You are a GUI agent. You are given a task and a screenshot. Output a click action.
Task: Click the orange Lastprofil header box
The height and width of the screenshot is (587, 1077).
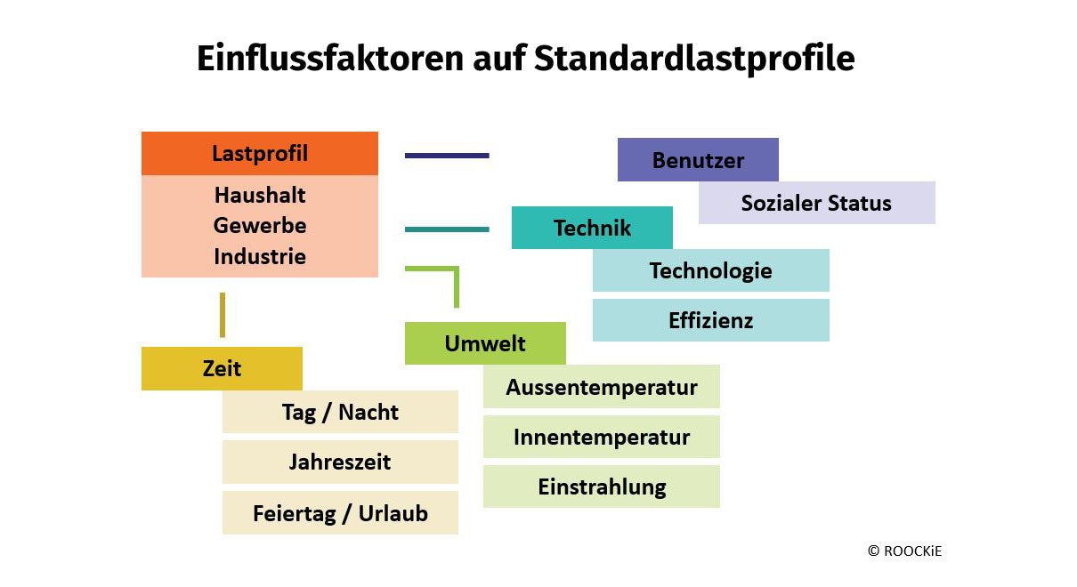260,153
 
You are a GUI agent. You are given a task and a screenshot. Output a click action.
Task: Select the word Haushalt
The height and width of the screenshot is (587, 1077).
260,195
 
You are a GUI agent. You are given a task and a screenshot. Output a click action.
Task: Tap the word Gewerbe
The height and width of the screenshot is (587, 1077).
260,225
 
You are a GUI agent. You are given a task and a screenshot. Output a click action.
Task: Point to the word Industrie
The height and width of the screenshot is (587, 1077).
260,256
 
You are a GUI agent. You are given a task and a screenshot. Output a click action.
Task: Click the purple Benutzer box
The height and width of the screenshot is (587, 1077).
698,159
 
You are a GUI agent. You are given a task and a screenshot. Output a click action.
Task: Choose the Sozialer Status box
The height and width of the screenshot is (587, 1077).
817,203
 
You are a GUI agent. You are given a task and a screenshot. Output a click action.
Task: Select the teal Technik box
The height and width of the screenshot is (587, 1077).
592,228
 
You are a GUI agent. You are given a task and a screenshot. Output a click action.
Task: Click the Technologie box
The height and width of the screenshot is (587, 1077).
710,270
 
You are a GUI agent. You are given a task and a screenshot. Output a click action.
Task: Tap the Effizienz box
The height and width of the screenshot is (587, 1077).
710,320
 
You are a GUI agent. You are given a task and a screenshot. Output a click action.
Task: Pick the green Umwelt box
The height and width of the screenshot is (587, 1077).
485,343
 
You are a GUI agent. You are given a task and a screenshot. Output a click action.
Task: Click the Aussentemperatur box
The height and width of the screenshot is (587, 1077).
602,387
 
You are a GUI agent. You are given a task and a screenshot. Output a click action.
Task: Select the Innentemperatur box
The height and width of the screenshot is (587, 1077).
602,437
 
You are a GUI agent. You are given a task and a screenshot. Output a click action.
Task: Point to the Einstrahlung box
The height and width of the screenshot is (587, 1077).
602,486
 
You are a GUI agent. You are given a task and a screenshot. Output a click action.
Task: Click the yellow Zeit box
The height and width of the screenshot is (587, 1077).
222,368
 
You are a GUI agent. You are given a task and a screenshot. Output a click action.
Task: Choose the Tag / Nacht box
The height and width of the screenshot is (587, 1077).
340,412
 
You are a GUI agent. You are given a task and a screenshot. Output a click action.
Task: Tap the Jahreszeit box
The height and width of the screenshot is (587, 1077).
340,462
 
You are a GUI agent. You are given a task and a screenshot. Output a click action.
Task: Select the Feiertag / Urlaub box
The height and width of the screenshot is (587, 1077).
340,513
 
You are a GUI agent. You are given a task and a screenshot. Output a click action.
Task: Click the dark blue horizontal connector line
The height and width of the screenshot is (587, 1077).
447,156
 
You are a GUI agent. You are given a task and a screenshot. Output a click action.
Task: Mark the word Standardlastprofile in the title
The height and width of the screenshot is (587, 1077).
694,59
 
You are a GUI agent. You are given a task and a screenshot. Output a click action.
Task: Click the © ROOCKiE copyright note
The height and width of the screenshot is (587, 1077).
904,551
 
